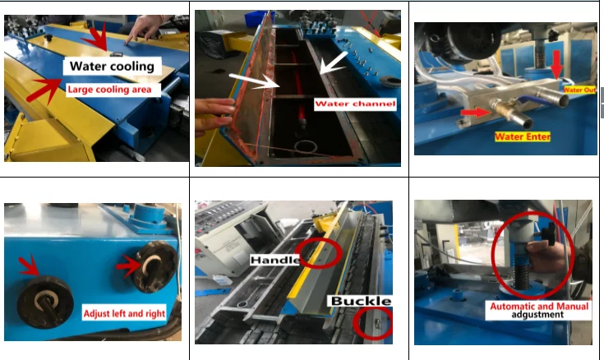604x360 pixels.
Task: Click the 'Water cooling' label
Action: coord(112,67)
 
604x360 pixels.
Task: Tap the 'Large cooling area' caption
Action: coord(109,90)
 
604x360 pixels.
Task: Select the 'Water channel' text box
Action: coord(355,104)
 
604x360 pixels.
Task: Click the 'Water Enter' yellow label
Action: coord(523,136)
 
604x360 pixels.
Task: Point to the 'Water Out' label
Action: coord(579,90)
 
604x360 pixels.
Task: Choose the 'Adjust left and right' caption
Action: coord(124,313)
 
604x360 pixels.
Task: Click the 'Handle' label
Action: coord(274,261)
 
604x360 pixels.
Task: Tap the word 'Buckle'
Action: coord(361,301)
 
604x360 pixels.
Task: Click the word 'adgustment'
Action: coord(537,315)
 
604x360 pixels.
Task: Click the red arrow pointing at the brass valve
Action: coord(476,113)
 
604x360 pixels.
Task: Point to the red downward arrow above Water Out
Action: coord(556,65)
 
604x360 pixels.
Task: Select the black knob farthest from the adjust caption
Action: coord(45,302)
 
